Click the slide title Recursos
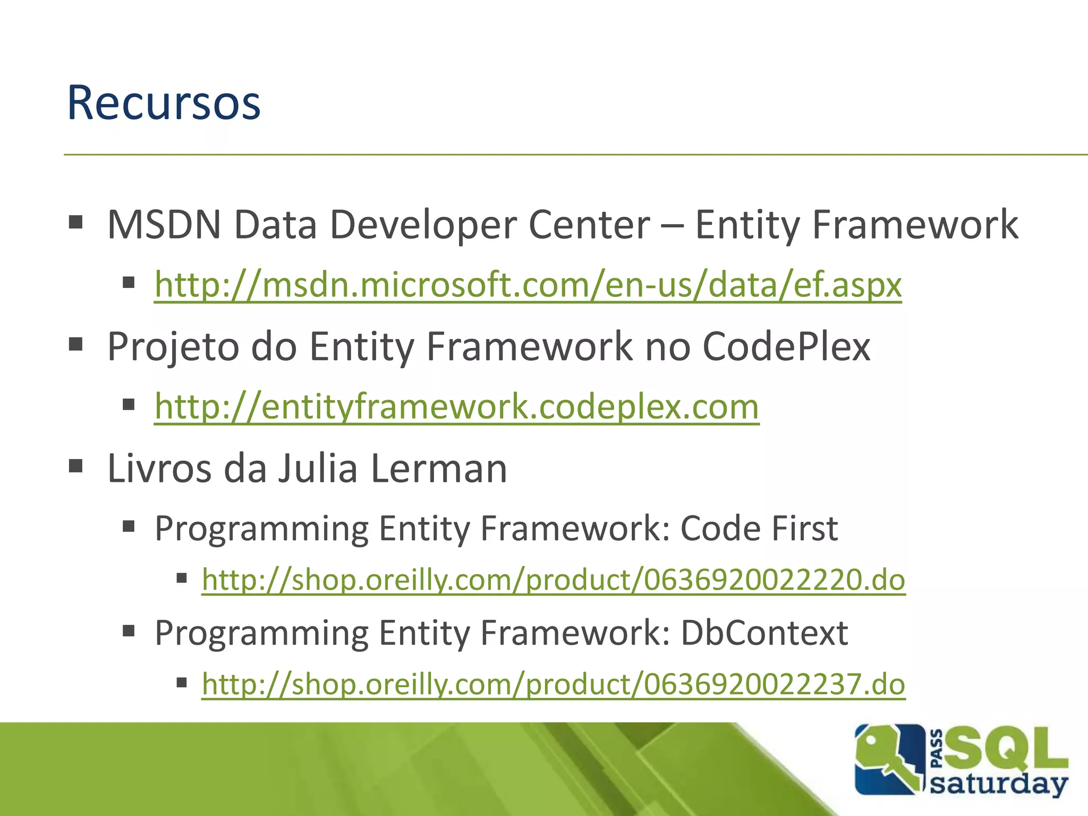click(164, 103)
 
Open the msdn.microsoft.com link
click(528, 285)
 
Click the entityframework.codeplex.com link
click(456, 407)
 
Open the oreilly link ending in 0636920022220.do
click(553, 580)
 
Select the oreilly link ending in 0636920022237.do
click(553, 684)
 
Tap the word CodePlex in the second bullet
click(786, 347)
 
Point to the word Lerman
click(439, 469)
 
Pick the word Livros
click(159, 469)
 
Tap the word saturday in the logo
click(999, 785)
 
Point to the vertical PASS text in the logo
click(937, 749)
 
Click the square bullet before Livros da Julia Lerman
click(76, 466)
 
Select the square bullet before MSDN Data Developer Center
click(76, 222)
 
